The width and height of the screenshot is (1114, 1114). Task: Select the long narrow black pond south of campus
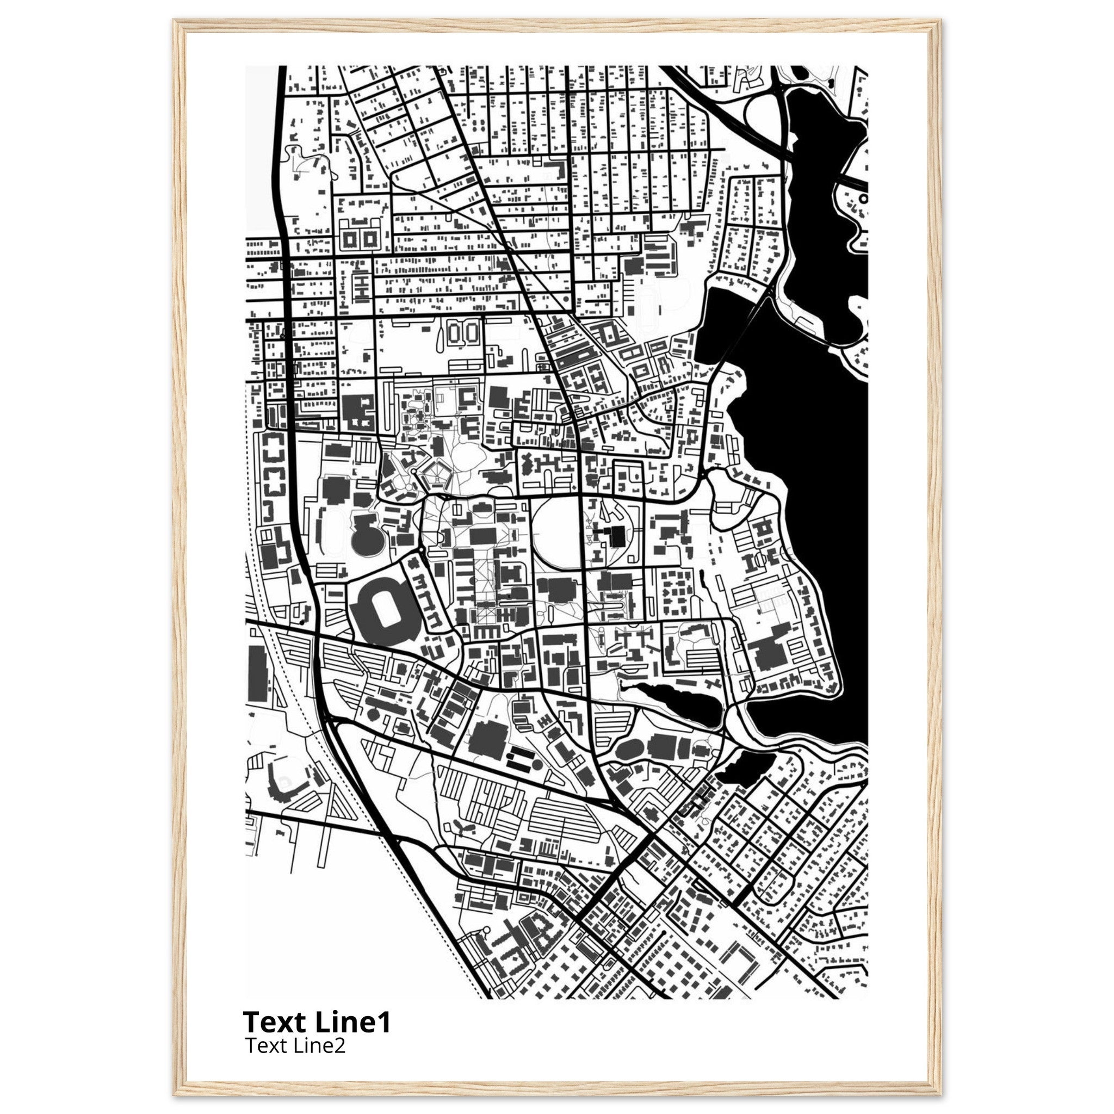(x=678, y=699)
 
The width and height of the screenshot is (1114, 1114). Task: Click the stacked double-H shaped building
(x=361, y=287)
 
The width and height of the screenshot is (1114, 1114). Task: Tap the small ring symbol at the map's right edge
(x=863, y=199)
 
